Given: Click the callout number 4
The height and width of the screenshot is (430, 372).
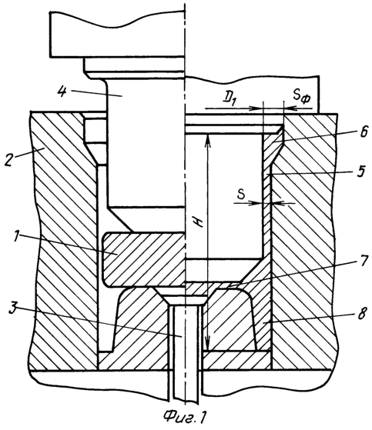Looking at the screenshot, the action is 62,92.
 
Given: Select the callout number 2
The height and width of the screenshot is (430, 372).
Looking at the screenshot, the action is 9,159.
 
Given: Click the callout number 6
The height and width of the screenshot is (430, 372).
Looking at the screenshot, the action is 363,132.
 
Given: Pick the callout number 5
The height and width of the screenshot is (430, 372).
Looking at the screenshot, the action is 362,171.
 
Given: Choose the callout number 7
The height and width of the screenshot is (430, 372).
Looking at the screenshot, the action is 364,261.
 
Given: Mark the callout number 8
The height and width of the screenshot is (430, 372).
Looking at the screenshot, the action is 362,312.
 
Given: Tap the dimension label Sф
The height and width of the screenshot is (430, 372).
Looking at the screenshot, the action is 301,96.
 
